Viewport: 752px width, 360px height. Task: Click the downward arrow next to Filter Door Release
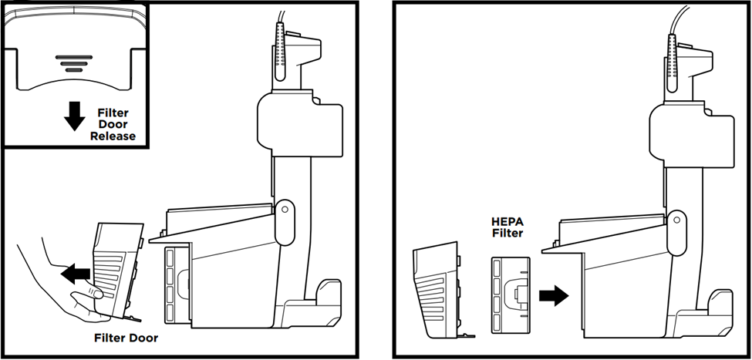[75, 116]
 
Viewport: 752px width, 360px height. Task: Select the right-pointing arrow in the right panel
[553, 294]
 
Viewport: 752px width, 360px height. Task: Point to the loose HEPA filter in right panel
[510, 294]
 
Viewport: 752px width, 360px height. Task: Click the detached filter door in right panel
[438, 291]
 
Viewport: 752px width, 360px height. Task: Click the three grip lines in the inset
[73, 62]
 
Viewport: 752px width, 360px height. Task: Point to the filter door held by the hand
[116, 262]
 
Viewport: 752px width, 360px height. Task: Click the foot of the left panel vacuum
[329, 296]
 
